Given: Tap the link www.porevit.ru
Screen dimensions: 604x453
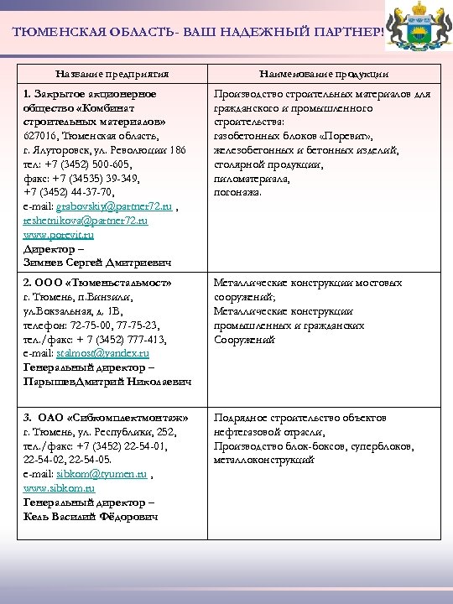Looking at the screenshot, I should (x=59, y=235).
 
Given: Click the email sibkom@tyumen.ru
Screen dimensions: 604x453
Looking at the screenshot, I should (x=102, y=473).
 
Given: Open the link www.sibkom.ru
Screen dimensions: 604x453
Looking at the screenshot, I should (x=59, y=487).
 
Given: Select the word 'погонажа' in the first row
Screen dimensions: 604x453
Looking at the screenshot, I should (x=237, y=192).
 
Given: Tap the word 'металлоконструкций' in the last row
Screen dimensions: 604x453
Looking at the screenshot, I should (x=263, y=460).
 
